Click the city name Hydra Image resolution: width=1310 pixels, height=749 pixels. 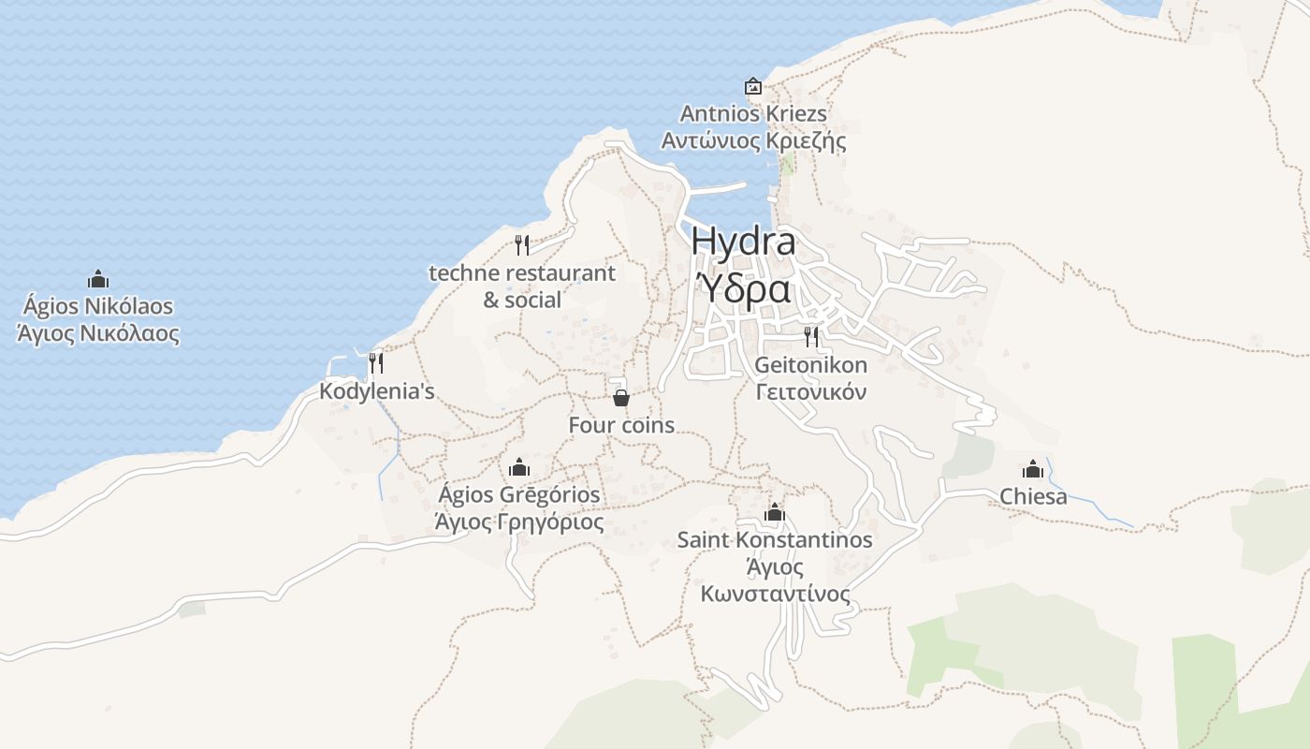pos(744,242)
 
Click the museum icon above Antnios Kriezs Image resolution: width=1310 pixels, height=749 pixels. pos(753,87)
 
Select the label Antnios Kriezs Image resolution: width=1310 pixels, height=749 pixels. pos(753,114)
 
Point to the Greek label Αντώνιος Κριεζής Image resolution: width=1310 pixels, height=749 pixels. pos(753,141)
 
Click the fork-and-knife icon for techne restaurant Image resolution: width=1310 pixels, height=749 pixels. pos(522,245)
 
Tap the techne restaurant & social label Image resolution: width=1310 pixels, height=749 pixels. pos(522,286)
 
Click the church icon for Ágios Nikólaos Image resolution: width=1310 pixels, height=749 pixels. pos(98,279)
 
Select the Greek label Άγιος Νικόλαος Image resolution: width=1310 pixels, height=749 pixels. pos(98,333)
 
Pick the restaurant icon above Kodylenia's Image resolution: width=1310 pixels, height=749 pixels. pos(376,363)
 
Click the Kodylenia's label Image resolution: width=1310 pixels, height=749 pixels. pos(377,391)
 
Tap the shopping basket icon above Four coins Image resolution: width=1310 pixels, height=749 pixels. pos(620,398)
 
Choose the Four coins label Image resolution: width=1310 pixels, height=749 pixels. pos(621,425)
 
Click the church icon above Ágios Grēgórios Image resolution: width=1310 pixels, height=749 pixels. pos(519,467)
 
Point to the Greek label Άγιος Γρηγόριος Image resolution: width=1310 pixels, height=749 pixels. pos(519,521)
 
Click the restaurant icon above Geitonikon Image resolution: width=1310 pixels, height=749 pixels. pos(811,337)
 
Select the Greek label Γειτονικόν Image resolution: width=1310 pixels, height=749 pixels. pos(811,391)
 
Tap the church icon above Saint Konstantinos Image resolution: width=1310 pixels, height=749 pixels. pos(775,513)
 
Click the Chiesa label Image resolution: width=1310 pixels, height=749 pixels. pos(1033,496)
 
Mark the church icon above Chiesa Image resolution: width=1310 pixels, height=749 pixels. pos(1033,469)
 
